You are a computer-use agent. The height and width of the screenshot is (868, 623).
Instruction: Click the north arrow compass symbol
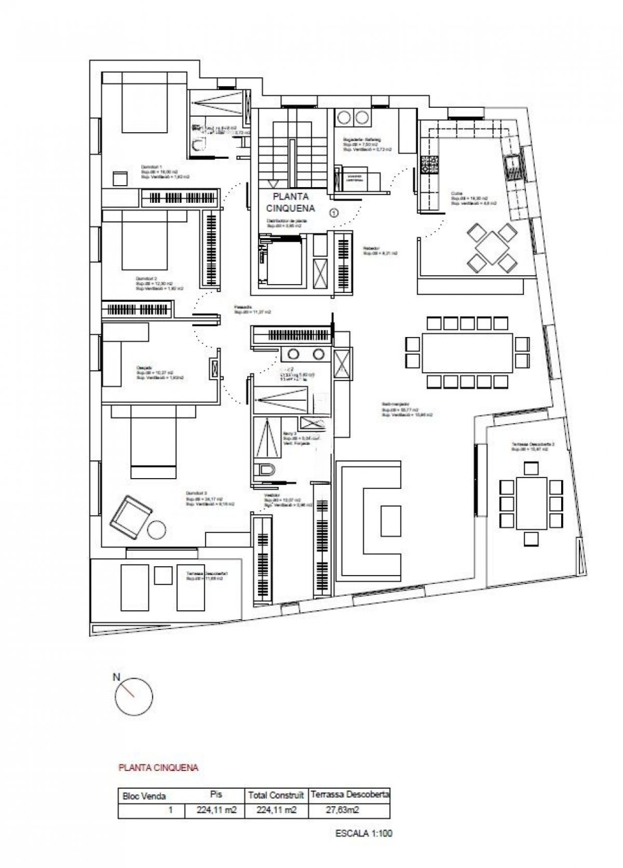[134, 696]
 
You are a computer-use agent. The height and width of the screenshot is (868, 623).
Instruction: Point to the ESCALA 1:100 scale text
[364, 833]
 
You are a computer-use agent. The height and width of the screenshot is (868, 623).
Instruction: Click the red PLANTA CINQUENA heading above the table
[158, 768]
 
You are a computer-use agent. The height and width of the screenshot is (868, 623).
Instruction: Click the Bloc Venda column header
[143, 795]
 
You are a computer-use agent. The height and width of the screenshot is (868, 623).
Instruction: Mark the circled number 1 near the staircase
[334, 212]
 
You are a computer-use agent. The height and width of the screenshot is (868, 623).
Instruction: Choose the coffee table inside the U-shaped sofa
[390, 520]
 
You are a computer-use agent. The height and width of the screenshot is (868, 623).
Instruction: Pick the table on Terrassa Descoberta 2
[531, 503]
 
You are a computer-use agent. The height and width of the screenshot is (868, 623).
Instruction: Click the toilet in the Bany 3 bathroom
[265, 470]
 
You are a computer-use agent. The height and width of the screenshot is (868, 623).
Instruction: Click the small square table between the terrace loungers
[163, 575]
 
